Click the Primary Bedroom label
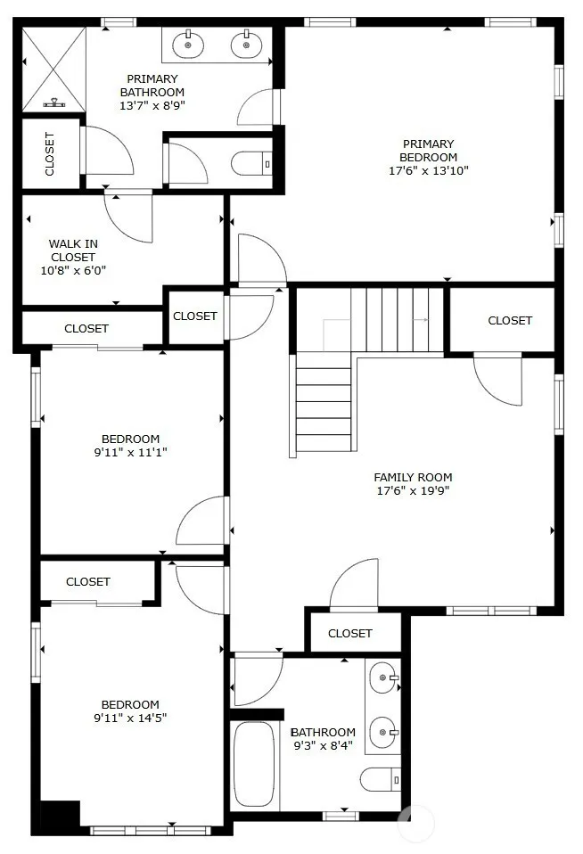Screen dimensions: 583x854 428,151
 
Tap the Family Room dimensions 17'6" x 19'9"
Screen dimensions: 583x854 413,490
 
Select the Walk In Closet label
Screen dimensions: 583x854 73,250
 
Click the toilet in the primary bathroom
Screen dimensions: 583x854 251,163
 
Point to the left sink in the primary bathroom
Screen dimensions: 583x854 188,44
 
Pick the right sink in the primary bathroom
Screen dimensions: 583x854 246,44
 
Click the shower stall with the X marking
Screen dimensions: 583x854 53,70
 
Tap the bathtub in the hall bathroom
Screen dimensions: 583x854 254,765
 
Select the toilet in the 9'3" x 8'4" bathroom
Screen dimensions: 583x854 381,780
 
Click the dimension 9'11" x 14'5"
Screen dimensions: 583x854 130,718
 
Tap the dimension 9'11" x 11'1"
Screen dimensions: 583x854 130,452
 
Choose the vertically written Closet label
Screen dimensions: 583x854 50,154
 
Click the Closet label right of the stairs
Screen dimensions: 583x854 510,320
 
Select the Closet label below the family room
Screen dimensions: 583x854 349,634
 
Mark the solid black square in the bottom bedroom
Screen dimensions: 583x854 60,814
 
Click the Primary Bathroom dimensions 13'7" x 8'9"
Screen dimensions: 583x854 152,106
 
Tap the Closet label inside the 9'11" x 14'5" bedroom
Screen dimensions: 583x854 87,582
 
